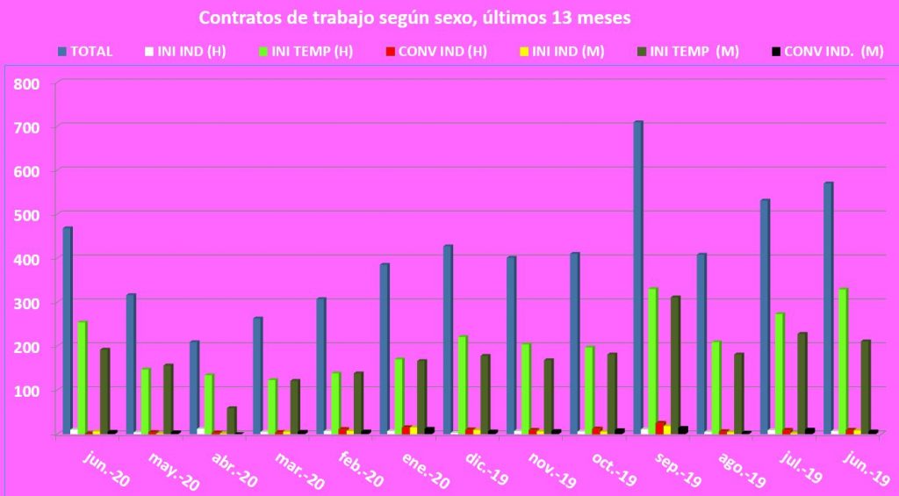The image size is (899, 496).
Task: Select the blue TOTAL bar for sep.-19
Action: pos(638,277)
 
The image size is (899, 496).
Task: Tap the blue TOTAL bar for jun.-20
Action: pos(68,329)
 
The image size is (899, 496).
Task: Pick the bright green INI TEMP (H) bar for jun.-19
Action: pos(843,360)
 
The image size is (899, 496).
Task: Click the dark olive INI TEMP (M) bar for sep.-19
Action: pos(675,364)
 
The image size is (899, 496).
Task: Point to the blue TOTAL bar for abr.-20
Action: pos(194,386)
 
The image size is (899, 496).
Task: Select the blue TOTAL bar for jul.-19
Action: pos(765,316)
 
